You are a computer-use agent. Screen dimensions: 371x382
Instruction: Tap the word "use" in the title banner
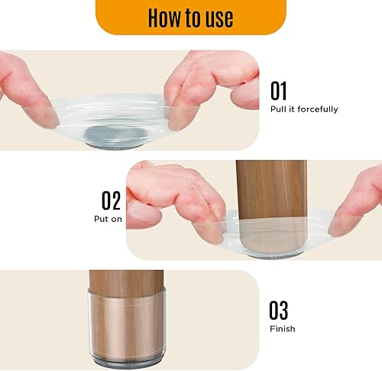tap(216, 17)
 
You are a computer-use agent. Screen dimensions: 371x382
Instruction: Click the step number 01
tap(280, 91)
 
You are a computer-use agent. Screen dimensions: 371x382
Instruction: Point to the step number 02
tap(112, 200)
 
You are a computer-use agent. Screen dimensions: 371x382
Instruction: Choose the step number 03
tap(280, 310)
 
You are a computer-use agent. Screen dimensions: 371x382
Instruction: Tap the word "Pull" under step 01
tap(278, 109)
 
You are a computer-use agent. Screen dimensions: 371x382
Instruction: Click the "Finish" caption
tap(282, 329)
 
